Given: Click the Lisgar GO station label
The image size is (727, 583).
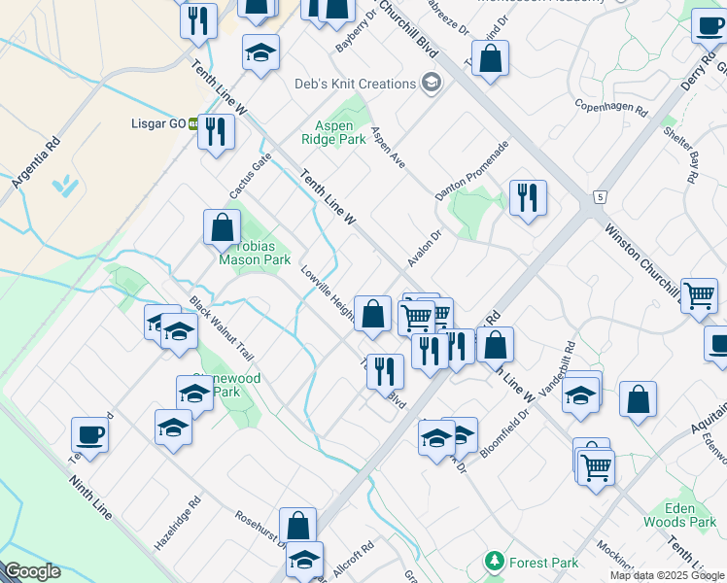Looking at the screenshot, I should (x=158, y=124).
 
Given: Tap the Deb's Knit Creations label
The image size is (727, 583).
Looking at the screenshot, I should (x=356, y=84).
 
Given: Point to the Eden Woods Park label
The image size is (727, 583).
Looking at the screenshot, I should (x=679, y=515).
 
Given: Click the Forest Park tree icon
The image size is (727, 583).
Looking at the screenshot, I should (x=495, y=563).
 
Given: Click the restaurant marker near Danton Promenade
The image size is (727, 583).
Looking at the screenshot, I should (x=528, y=197).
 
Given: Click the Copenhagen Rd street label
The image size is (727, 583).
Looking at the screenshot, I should (x=610, y=106).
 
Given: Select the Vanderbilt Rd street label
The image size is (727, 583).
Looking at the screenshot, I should (x=557, y=368).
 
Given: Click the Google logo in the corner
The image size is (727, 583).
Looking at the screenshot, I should (x=32, y=571).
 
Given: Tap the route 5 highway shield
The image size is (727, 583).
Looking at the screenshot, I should (x=601, y=197).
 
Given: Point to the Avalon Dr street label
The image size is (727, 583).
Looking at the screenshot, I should (x=425, y=249).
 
